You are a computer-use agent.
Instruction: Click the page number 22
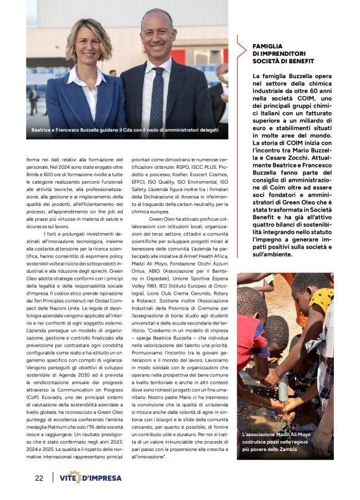(39, 478)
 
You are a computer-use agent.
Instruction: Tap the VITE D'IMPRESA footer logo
(94, 478)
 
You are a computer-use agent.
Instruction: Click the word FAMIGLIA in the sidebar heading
(268, 46)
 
